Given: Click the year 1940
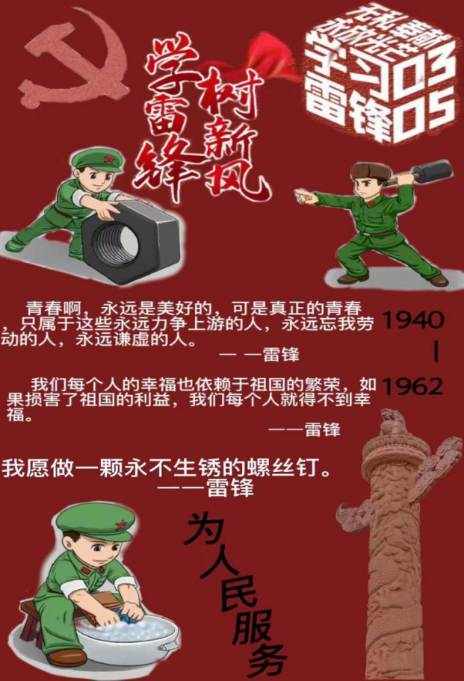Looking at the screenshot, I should [413, 320].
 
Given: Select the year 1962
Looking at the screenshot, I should [413, 386].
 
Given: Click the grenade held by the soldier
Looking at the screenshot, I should [433, 172].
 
